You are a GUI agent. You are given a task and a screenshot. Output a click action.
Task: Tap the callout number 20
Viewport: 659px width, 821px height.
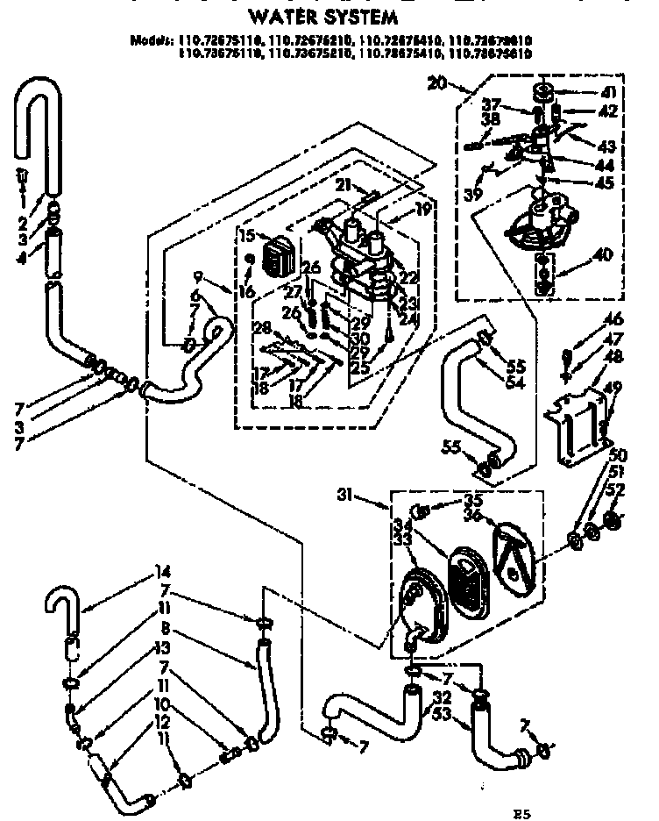point(438,84)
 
